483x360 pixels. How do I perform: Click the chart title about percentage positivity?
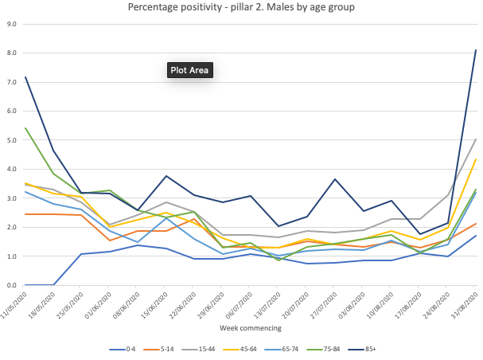[240, 8]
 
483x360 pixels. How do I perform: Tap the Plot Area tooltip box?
[190, 70]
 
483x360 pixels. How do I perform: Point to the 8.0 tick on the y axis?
[12, 53]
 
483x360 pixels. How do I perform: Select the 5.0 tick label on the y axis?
[12, 140]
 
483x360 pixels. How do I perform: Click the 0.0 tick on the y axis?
[12, 285]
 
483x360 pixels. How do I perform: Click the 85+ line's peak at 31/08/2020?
[476, 50]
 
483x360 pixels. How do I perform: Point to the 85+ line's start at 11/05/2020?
[25, 77]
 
